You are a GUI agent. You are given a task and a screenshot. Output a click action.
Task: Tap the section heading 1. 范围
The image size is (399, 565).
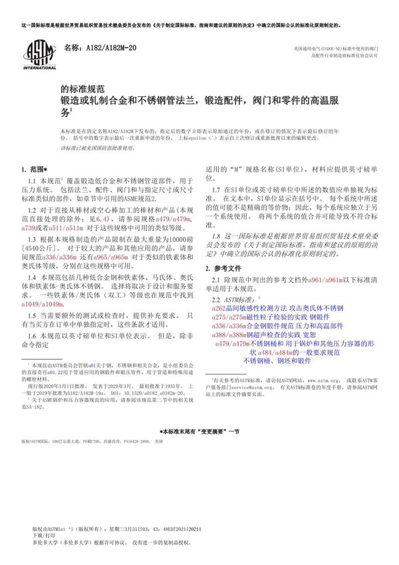(34, 169)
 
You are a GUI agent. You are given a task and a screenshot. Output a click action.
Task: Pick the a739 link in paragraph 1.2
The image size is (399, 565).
(33, 227)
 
